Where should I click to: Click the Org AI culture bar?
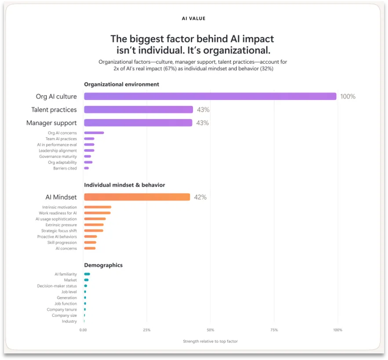click(210, 96)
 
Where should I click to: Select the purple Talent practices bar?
click(138, 109)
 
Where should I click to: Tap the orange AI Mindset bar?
click(137, 197)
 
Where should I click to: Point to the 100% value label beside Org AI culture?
click(348, 97)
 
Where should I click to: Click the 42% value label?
click(200, 197)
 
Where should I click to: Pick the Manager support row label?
click(51, 123)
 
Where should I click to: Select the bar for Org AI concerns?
click(94, 133)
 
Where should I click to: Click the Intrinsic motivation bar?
click(98, 207)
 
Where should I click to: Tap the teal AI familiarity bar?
click(87, 274)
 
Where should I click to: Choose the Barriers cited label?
click(65, 168)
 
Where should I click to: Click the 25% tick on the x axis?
click(147, 330)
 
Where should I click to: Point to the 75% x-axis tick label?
click(274, 330)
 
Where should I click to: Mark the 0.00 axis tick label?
click(83, 330)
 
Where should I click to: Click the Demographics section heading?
click(103, 265)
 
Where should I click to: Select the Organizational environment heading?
click(122, 84)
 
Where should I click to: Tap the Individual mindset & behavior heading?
click(124, 185)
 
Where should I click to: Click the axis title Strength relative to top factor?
click(210, 342)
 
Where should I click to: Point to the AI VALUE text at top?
click(193, 18)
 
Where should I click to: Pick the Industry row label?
click(69, 321)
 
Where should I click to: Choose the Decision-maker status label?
click(57, 286)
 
